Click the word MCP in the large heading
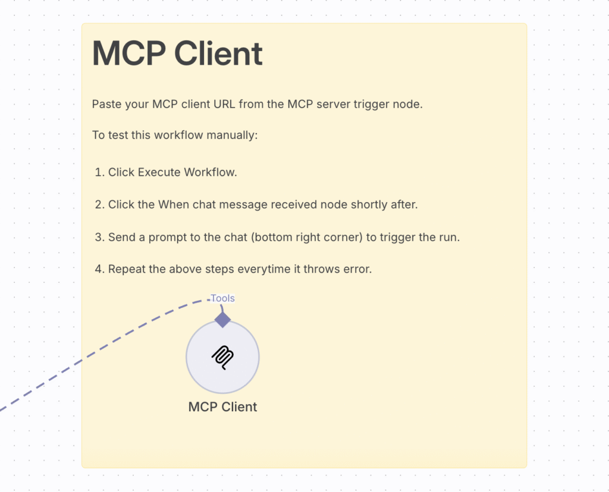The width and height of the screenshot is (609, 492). tap(128, 53)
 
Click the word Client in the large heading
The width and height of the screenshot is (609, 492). tap(218, 53)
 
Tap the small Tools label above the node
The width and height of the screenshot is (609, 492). tap(222, 298)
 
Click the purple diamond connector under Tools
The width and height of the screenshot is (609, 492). tap(222, 320)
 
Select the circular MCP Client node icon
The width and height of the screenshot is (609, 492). tap(222, 357)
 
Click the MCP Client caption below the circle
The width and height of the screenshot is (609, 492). tap(222, 407)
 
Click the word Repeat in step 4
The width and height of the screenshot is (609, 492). tap(127, 269)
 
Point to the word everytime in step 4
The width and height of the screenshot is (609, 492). tap(263, 269)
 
